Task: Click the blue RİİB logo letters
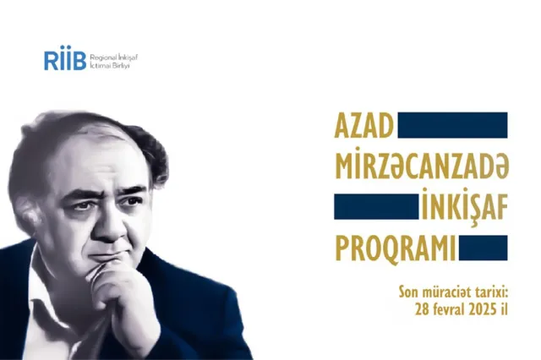(65, 58)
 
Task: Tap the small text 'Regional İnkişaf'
(113, 57)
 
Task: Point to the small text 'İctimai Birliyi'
(109, 66)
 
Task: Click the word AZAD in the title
(363, 126)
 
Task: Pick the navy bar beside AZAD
(453, 125)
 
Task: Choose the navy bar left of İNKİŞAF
(376, 206)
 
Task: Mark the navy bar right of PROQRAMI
(483, 248)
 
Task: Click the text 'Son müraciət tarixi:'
(453, 292)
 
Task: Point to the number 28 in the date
(423, 309)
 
